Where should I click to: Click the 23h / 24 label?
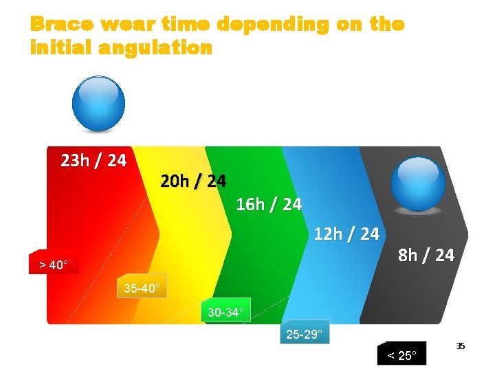[93, 161]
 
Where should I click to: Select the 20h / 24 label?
[192, 181]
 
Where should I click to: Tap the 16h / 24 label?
[268, 204]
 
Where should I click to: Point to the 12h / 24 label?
[346, 234]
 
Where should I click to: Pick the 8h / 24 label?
[426, 255]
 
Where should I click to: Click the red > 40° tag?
[54, 264]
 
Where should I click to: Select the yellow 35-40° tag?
[142, 288]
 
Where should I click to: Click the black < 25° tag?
[402, 355]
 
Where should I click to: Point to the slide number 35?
[461, 346]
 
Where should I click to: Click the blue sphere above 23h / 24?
[99, 104]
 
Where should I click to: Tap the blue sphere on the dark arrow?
[418, 184]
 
